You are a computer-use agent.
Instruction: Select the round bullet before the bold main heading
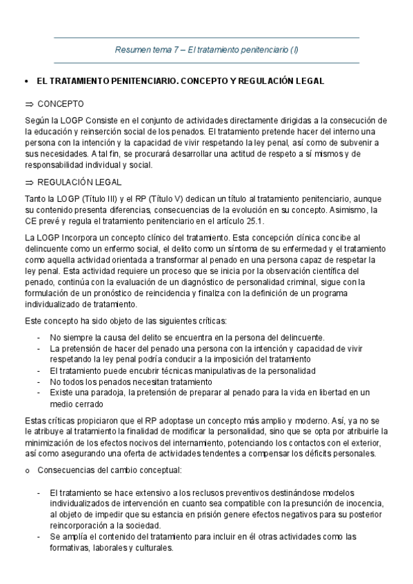click(x=26, y=81)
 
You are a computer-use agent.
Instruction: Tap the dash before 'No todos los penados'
click(x=39, y=381)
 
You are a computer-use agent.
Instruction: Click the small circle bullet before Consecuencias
click(x=26, y=470)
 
